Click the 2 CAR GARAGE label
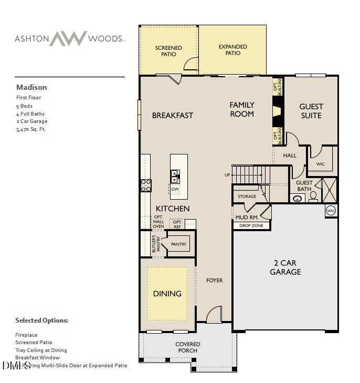pyautogui.click(x=285, y=267)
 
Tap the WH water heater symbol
pyautogui.click(x=331, y=211)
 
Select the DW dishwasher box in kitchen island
pyautogui.click(x=175, y=189)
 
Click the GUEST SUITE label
pyautogui.click(x=311, y=111)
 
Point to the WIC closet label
pyautogui.click(x=320, y=164)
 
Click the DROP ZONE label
pyautogui.click(x=251, y=226)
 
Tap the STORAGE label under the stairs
pyautogui.click(x=247, y=196)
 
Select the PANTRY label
pyautogui.click(x=178, y=244)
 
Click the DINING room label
pyautogui.click(x=167, y=294)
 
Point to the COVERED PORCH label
pyautogui.click(x=187, y=347)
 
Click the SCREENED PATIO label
pyautogui.click(x=168, y=51)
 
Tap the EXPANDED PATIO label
pyautogui.click(x=232, y=50)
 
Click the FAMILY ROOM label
pyautogui.click(x=241, y=109)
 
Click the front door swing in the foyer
pyautogui.click(x=214, y=315)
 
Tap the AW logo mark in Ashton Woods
pyautogui.click(x=68, y=38)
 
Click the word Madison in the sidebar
pyautogui.click(x=31, y=87)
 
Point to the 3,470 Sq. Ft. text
pyautogui.click(x=31, y=129)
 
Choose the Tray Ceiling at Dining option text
pyautogui.click(x=41, y=350)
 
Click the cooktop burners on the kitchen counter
pyautogui.click(x=145, y=185)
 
